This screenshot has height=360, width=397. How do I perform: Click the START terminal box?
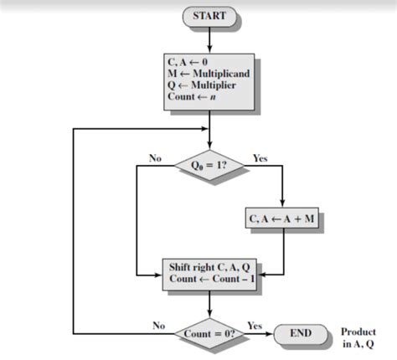tap(209, 16)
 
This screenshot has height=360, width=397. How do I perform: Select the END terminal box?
tap(300, 334)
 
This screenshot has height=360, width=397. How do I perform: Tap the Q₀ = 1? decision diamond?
tap(209, 165)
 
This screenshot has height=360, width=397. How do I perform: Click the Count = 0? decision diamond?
tap(209, 334)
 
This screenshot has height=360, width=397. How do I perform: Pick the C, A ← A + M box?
tap(285, 219)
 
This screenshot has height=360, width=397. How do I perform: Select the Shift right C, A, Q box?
tap(209, 275)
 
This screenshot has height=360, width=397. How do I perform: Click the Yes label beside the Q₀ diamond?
tap(260, 157)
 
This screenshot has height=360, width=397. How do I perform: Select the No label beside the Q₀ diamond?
tap(155, 157)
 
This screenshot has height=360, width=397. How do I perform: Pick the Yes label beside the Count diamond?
tap(255, 325)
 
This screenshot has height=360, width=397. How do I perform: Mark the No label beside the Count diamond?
tap(158, 325)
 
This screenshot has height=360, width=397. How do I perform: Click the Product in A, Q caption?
tap(358, 337)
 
